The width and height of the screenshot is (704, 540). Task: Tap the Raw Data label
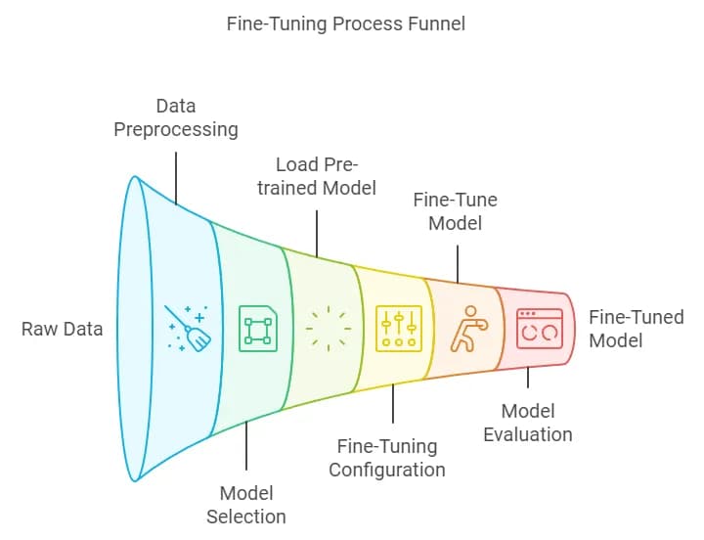(x=62, y=329)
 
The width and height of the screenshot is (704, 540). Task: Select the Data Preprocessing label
(x=175, y=117)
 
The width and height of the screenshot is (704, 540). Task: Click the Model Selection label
(x=245, y=504)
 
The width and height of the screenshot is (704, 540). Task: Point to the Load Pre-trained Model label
(x=317, y=175)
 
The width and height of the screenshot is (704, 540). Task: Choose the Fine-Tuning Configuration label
(x=386, y=457)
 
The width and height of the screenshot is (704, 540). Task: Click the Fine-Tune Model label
(x=455, y=211)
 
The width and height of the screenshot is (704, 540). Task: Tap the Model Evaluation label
(x=528, y=422)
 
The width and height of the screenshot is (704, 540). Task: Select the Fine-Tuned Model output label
(x=636, y=329)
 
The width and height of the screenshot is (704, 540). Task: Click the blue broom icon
(x=188, y=328)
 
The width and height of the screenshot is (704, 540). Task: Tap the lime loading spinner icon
(x=328, y=328)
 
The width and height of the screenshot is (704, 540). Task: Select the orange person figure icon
(x=468, y=329)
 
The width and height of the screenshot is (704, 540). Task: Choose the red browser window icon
(x=539, y=329)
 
